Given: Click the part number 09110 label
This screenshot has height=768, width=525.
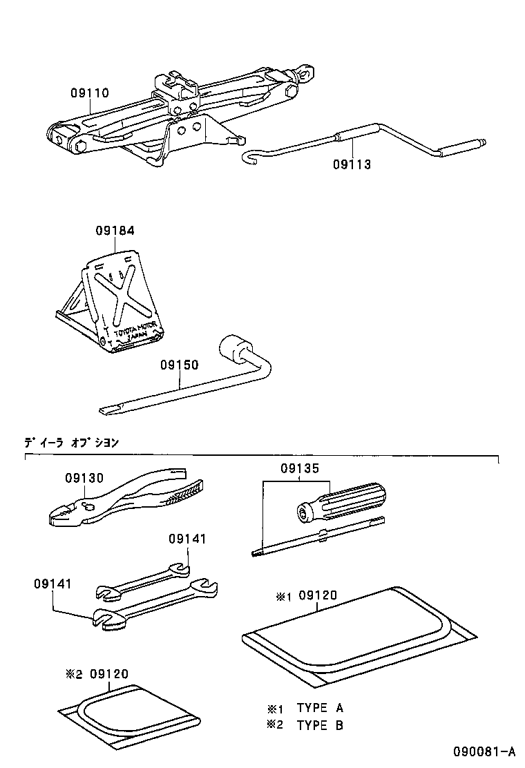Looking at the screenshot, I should point(89,93).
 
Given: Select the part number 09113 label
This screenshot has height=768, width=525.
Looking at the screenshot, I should point(352,164).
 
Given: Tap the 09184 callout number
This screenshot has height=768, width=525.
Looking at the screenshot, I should point(115,231).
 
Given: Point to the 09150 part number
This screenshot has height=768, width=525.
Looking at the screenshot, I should point(180,365).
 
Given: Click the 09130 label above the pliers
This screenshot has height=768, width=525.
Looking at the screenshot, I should point(84,477).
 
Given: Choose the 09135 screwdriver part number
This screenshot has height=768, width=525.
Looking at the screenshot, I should point(300,468).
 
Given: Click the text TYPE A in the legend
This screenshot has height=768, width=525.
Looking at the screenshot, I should point(320,708).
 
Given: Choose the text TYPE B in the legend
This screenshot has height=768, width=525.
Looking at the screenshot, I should point(320,724).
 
